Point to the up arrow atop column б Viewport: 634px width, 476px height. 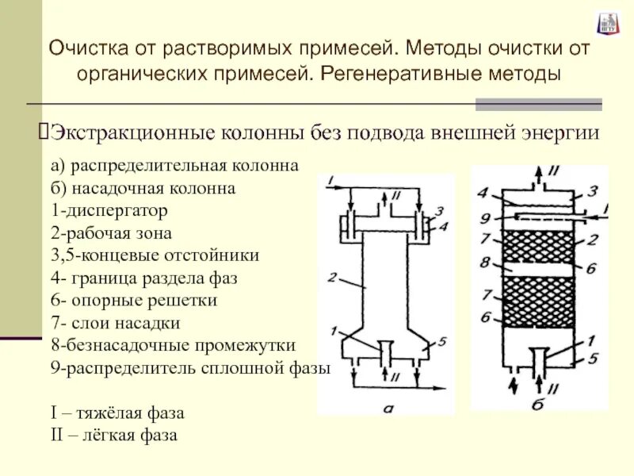[x=540, y=173]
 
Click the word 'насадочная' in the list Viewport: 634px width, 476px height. [x=106, y=189]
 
